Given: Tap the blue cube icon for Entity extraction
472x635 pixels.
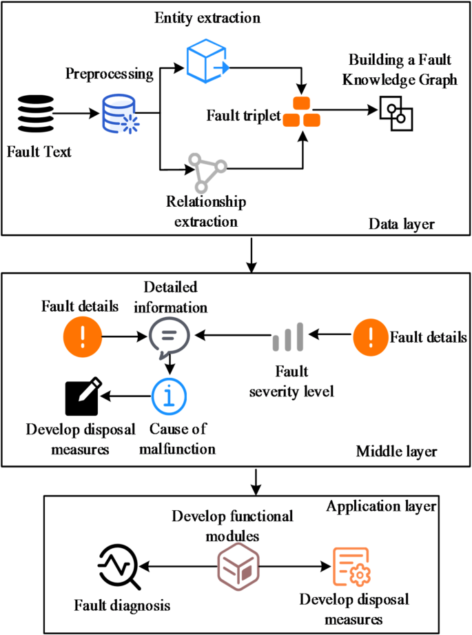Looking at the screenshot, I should (x=207, y=61).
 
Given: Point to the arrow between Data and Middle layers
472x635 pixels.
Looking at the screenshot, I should (x=255, y=255).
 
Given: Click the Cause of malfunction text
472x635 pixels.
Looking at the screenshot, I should (x=183, y=439).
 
